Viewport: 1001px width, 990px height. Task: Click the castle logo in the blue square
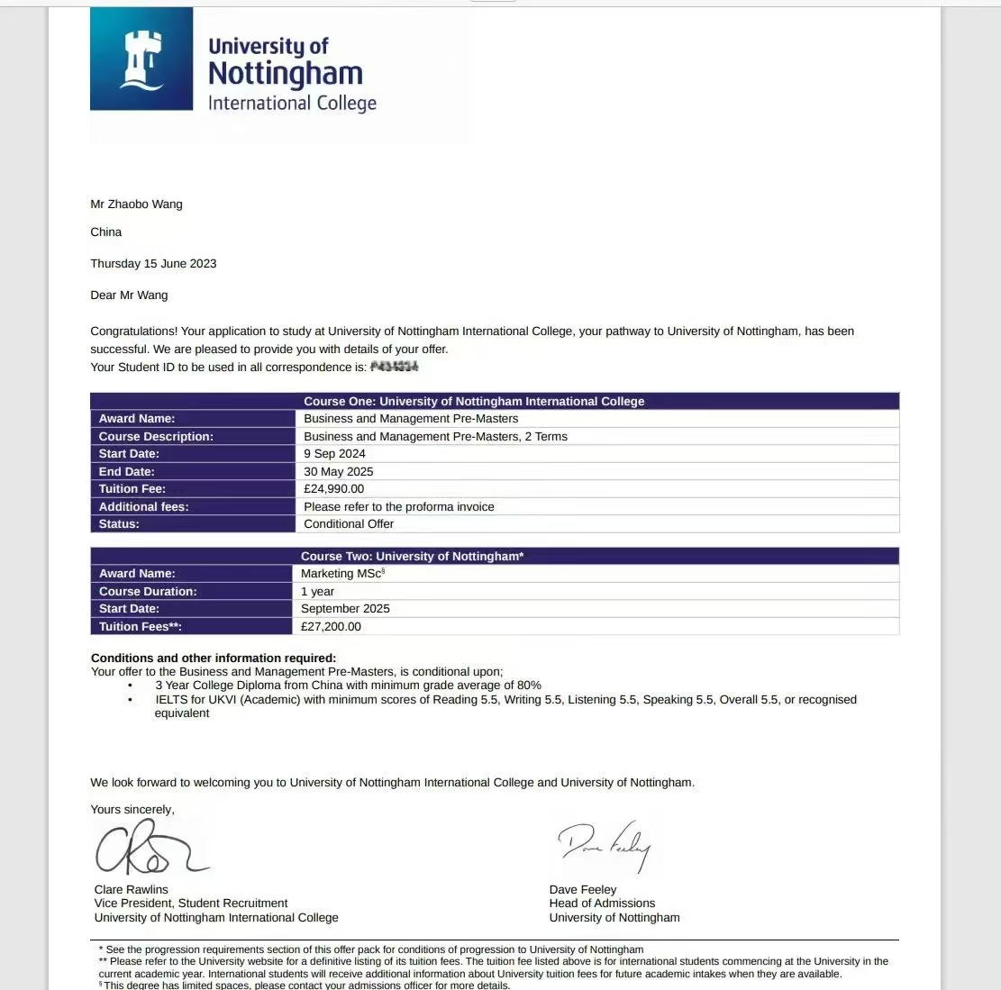pyautogui.click(x=142, y=59)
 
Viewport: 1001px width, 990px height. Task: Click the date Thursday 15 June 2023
pyautogui.click(x=153, y=264)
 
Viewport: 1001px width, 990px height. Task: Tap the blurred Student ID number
pyautogui.click(x=395, y=368)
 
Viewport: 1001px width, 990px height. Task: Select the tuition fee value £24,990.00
pyautogui.click(x=334, y=489)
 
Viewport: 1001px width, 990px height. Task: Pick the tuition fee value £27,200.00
pyautogui.click(x=331, y=626)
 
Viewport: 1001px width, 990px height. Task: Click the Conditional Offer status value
pyautogui.click(x=349, y=523)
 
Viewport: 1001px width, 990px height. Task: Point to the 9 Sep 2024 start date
pyautogui.click(x=334, y=454)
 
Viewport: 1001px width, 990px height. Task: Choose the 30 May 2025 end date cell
pyautogui.click(x=338, y=471)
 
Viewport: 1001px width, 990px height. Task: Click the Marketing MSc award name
pyautogui.click(x=341, y=574)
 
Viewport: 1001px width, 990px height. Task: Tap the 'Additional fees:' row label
pyautogui.click(x=144, y=506)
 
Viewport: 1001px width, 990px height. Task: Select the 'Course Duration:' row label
pyautogui.click(x=148, y=591)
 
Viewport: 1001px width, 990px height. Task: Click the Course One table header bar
pyautogui.click(x=495, y=402)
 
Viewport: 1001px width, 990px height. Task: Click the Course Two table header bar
pyautogui.click(x=495, y=557)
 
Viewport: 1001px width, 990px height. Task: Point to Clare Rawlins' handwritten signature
pyautogui.click(x=150, y=849)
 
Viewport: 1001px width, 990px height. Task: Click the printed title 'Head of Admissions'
pyautogui.click(x=602, y=904)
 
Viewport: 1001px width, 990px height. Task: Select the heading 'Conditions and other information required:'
pyautogui.click(x=214, y=658)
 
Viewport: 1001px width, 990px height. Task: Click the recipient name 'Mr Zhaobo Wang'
pyautogui.click(x=136, y=204)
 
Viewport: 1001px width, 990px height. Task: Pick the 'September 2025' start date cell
pyautogui.click(x=345, y=609)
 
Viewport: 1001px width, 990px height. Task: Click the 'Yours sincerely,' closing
pyautogui.click(x=132, y=810)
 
